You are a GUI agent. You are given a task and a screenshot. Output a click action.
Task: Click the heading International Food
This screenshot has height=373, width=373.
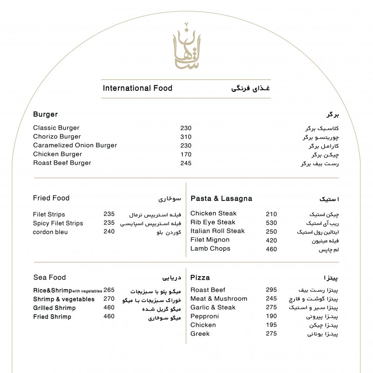pos(138,88)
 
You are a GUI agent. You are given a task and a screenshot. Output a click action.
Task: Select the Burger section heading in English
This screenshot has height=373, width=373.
pos(45,114)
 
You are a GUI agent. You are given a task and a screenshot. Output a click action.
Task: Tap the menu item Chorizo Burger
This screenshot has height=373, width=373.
pos(57,137)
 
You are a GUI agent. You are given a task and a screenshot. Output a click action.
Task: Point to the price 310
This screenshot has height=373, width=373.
pos(186,137)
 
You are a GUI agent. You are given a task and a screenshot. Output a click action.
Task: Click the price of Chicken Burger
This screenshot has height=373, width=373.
pos(186,154)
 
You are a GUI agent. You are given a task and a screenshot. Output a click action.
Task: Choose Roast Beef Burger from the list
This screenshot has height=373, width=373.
pos(62,163)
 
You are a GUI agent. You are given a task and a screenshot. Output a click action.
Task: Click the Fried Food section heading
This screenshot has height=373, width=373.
pos(51,198)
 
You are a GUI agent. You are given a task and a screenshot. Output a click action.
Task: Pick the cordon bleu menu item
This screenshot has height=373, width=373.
pos(50,232)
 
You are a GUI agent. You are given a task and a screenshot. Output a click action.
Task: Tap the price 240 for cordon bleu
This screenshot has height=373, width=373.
pos(109,232)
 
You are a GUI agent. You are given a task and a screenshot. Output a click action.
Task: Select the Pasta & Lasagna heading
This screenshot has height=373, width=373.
pos(221,199)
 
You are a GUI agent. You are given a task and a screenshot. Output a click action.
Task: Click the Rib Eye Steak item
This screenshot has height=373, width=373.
pos(213,222)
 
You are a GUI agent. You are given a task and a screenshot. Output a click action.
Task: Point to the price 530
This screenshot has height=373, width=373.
pos(271,223)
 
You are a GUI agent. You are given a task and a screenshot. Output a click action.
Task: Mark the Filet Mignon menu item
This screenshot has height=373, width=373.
pos(210,240)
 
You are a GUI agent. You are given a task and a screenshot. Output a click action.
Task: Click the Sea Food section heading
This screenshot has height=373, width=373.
pos(49,277)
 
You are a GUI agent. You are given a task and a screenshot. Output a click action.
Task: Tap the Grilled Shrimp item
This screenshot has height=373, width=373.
pos(54,308)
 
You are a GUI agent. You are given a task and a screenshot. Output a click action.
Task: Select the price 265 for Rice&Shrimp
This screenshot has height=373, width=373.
pos(109,290)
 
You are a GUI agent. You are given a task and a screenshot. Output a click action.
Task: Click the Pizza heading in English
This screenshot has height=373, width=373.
pos(200,277)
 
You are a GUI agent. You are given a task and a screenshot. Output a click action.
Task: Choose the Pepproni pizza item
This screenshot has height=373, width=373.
pos(204,316)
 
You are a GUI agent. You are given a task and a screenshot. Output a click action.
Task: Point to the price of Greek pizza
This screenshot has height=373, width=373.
pos(271,334)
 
